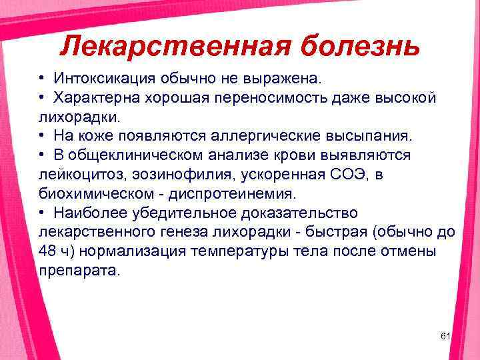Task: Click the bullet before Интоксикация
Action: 41,79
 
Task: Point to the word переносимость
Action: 268,98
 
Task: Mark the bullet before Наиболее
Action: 41,213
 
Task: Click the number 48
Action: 49,251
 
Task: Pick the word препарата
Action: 79,271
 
